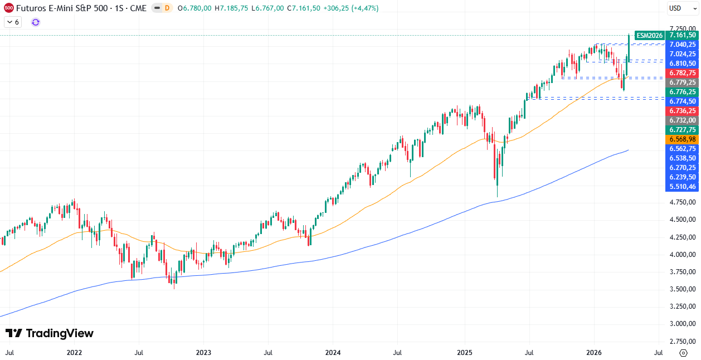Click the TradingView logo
50,333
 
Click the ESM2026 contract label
650,35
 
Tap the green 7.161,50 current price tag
682,35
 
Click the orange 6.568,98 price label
682,139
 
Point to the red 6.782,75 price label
682,73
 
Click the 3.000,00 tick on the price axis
682,324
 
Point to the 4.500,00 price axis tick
682,220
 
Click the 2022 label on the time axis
74,353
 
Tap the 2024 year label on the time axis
333,353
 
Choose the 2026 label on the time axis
593,353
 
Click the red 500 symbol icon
8,8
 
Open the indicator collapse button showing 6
12,22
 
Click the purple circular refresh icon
36,22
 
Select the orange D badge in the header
167,8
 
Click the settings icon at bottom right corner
683,353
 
